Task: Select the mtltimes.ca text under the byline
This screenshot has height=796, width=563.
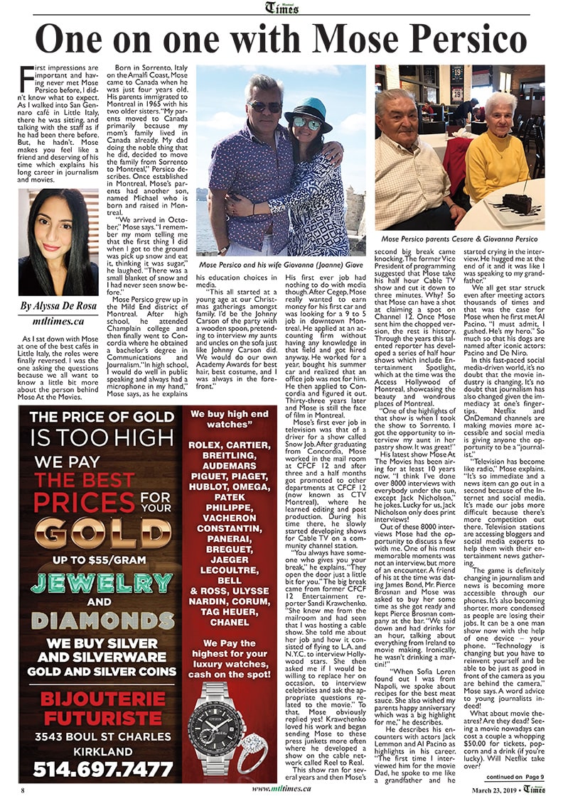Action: [58, 321]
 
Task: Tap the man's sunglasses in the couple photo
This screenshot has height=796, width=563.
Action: [265, 107]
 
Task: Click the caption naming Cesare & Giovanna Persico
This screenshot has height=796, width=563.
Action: [459, 239]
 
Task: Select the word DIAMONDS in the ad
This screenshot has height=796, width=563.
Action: [100, 620]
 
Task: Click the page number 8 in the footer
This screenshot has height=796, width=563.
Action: [23, 789]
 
